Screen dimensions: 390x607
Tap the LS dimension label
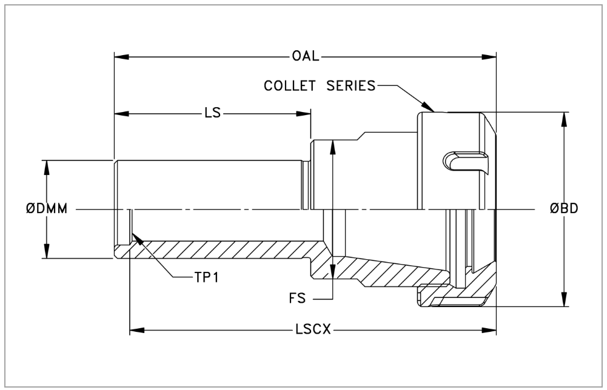(212, 113)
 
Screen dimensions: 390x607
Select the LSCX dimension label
(312, 331)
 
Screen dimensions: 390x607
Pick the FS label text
(297, 299)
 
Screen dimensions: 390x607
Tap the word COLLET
(289, 85)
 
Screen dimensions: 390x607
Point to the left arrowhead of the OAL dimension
(120, 57)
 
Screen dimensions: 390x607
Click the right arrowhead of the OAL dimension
(491, 57)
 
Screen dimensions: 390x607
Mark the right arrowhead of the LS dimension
(305, 113)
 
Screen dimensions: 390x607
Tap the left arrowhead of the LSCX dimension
(136, 331)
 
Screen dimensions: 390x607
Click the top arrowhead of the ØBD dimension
(565, 119)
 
